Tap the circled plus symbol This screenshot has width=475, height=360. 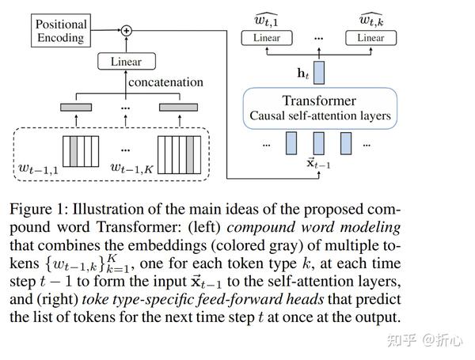click(126, 31)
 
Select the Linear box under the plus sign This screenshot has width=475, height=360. click(127, 60)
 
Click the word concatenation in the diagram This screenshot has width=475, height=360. click(165, 82)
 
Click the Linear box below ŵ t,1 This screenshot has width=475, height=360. click(267, 38)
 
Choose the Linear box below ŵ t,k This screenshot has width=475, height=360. click(370, 38)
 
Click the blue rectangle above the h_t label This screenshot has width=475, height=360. click(321, 70)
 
